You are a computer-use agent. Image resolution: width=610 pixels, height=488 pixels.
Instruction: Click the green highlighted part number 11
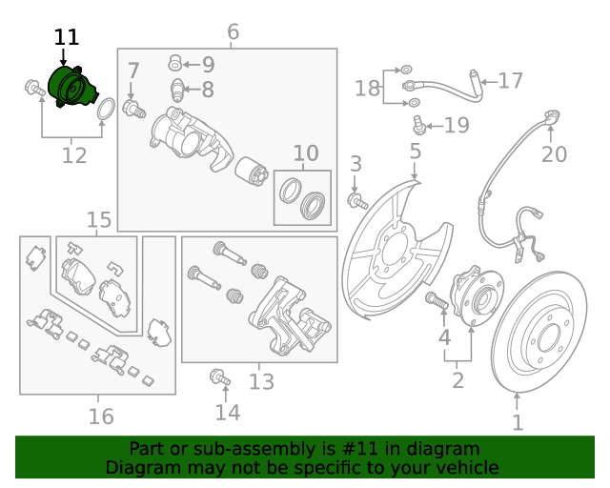[72, 88]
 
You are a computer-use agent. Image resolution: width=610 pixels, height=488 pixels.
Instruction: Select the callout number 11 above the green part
[67, 38]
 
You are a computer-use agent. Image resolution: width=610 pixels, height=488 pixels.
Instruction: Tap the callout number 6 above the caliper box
[234, 33]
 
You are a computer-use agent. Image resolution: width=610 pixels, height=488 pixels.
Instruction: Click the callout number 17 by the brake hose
[511, 81]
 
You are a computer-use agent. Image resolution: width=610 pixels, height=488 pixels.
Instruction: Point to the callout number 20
[554, 154]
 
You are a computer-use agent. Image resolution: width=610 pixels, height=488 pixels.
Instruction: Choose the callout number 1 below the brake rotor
[518, 422]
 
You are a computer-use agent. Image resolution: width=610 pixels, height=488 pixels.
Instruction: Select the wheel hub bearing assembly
[474, 294]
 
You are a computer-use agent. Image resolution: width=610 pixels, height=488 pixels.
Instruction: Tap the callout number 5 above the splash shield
[416, 151]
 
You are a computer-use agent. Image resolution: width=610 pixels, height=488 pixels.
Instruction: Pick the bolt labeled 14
[220, 377]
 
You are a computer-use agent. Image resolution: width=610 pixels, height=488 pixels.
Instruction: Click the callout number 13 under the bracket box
[261, 382]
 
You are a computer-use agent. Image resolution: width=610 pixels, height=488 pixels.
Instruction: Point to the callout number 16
[101, 417]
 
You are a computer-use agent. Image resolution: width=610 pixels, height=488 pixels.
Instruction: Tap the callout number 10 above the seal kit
[305, 153]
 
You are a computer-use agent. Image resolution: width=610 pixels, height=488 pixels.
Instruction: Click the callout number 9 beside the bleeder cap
[208, 65]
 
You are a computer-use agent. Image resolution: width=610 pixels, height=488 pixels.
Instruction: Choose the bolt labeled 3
[358, 201]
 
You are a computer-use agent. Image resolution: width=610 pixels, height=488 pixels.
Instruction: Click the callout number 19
[457, 125]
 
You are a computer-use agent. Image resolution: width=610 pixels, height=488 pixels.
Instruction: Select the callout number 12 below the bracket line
[74, 155]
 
